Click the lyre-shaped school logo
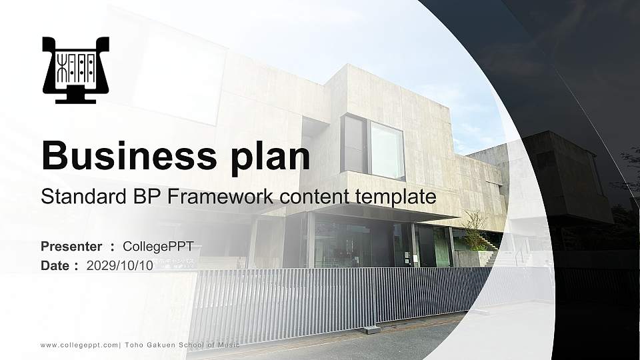click(x=75, y=69)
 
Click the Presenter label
click(x=71, y=247)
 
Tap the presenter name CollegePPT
click(x=158, y=247)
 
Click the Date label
click(x=55, y=265)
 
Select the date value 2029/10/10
click(x=120, y=265)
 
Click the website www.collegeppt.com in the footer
click(x=79, y=345)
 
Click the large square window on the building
click(x=387, y=151)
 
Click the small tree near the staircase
click(x=475, y=227)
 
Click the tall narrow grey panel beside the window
click(x=353, y=143)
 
